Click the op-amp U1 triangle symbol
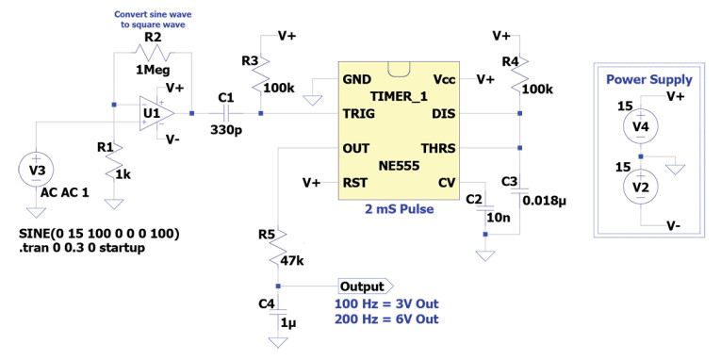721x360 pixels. pyautogui.click(x=153, y=114)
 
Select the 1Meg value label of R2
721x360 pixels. pyautogui.click(x=153, y=70)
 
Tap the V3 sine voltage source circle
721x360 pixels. pyautogui.click(x=35, y=171)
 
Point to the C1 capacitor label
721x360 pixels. pyautogui.click(x=225, y=97)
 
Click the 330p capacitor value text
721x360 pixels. pyautogui.click(x=225, y=129)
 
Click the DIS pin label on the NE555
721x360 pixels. pyautogui.click(x=443, y=114)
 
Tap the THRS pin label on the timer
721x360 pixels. pyautogui.click(x=437, y=148)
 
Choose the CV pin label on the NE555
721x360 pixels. pyautogui.click(x=447, y=182)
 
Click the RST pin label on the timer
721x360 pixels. pyautogui.click(x=355, y=182)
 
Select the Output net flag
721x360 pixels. pyautogui.click(x=366, y=286)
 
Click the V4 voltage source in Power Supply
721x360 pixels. pyautogui.click(x=641, y=125)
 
